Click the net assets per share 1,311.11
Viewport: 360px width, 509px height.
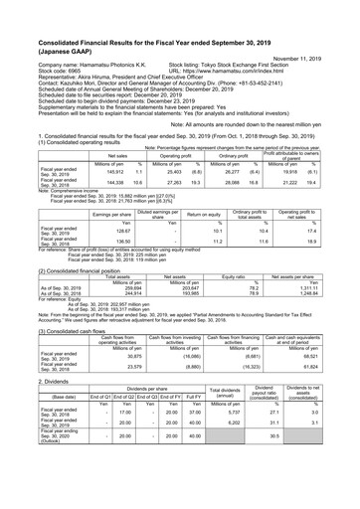[x=311, y=313]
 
